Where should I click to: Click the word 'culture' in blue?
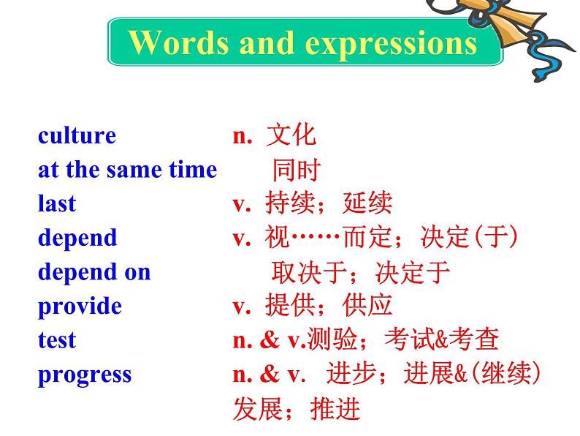[77, 135]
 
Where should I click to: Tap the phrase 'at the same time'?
[128, 170]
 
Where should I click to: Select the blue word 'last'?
[57, 203]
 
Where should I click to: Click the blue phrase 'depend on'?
[94, 271]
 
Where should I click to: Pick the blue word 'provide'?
[80, 307]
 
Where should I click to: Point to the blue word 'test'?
[57, 340]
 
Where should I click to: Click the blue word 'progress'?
[85, 375]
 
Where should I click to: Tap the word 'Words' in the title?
[178, 42]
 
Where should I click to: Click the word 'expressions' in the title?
[391, 45]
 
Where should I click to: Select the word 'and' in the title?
[267, 43]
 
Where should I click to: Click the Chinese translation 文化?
[291, 135]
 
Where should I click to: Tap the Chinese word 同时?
[296, 170]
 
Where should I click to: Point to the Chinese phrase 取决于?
[309, 273]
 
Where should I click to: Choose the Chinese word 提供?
[290, 306]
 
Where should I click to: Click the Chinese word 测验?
[332, 339]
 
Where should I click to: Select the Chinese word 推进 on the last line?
[335, 409]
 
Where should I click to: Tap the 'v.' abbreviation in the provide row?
[242, 307]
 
